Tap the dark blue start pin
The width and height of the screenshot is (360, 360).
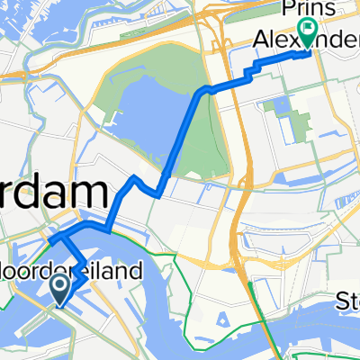click(61, 289)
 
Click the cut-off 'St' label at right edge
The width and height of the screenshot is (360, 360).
click(346, 299)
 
